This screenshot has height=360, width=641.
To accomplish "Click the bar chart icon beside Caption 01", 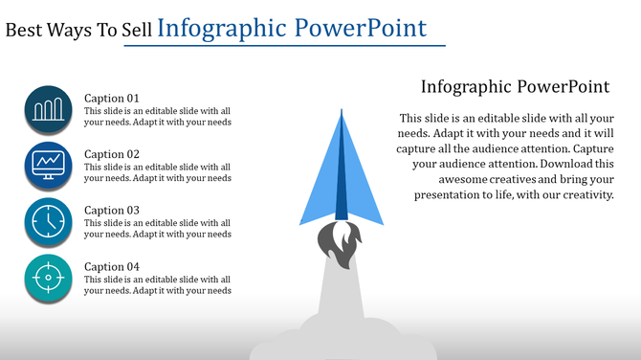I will tap(50, 109).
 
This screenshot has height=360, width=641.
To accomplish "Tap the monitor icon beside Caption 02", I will tap(50, 165).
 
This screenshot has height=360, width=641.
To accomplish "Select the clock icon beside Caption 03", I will tap(50, 221).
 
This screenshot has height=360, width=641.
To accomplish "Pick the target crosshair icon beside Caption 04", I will tap(50, 277).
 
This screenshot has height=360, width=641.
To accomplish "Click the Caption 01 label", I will tap(112, 98).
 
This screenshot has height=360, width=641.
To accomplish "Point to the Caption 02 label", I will tap(112, 154).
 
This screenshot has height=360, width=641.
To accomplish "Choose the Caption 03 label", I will tap(112, 211).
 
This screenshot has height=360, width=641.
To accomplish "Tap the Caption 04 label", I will tap(112, 266).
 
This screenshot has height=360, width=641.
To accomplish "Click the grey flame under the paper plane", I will tap(341, 242).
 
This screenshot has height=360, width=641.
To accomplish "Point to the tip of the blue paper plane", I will tap(341, 113).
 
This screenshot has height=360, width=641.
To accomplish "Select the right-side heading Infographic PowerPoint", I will tap(515, 86).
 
